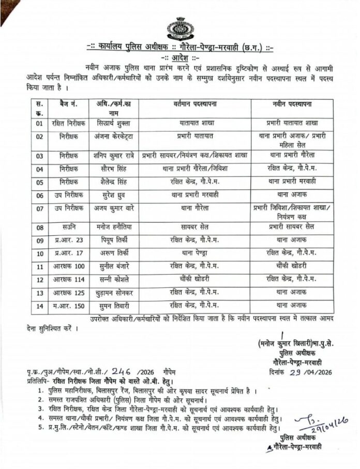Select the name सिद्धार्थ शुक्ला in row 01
[x=113, y=124]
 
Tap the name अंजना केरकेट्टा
[x=114, y=138]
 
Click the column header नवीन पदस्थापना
[x=292, y=104]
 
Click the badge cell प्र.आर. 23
[x=66, y=240]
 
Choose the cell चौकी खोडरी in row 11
[x=292, y=266]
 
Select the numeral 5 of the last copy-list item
[x=39, y=428]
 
